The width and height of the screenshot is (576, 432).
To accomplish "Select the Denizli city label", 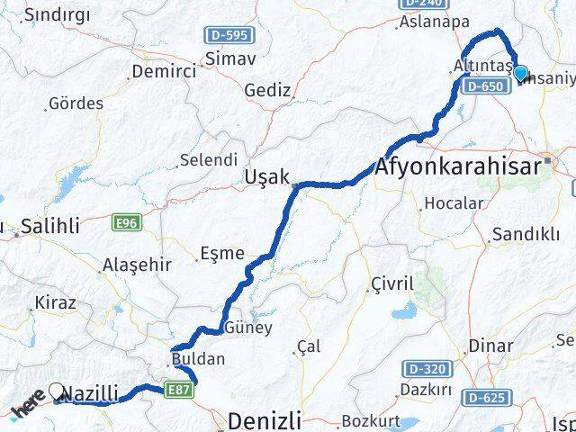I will (x=265, y=420).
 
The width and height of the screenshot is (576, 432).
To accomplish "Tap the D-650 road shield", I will (x=483, y=86).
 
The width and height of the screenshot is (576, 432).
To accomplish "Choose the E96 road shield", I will (x=125, y=220).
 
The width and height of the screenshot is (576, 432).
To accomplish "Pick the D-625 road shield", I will (x=488, y=397).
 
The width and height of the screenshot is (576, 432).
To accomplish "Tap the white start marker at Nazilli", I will (x=58, y=391).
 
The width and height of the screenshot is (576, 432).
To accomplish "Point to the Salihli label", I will (x=52, y=227).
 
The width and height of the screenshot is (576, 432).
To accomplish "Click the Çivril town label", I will (x=391, y=284).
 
